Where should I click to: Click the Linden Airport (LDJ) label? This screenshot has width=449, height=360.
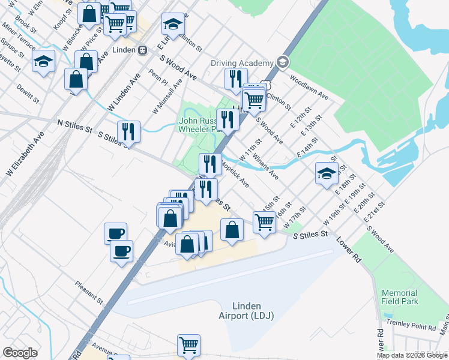point(244,310)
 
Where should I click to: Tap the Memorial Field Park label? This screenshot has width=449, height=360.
point(400,297)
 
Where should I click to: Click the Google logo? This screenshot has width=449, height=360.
point(20,353)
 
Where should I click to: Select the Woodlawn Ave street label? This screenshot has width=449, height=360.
point(309,87)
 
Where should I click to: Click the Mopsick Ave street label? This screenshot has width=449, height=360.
point(235,173)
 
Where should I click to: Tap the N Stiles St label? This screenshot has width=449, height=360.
point(74,126)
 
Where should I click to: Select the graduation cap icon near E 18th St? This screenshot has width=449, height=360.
point(327,173)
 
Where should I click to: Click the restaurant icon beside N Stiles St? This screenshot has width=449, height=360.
point(128,131)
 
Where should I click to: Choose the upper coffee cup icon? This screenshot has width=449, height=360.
point(115,233)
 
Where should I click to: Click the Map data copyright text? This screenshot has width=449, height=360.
point(412,355)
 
